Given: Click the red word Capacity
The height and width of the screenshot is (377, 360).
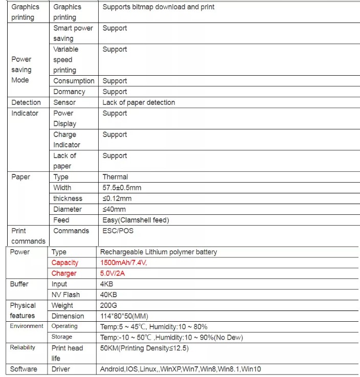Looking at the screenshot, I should click(65, 262).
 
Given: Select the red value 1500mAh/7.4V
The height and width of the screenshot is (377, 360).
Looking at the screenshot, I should click(125, 262).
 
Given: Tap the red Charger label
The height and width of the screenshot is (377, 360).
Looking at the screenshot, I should click(64, 273).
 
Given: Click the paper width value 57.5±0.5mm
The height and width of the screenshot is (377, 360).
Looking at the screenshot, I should click(122, 188).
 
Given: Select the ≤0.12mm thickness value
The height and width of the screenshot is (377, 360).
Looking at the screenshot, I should click(117, 198).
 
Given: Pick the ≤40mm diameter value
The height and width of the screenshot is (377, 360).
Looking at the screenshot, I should click(114, 209).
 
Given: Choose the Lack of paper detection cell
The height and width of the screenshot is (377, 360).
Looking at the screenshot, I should click(139, 102).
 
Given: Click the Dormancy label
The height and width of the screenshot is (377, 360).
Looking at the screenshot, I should click(69, 92).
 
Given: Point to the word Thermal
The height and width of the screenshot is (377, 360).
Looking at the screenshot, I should click(115, 177).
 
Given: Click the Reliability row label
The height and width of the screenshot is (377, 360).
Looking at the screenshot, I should click(22, 348).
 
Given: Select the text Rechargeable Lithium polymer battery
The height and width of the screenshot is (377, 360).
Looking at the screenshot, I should click(159, 252).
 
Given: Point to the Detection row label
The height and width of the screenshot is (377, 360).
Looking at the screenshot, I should click(26, 102).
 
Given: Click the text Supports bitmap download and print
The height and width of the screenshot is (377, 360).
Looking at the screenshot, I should click(159, 7).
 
